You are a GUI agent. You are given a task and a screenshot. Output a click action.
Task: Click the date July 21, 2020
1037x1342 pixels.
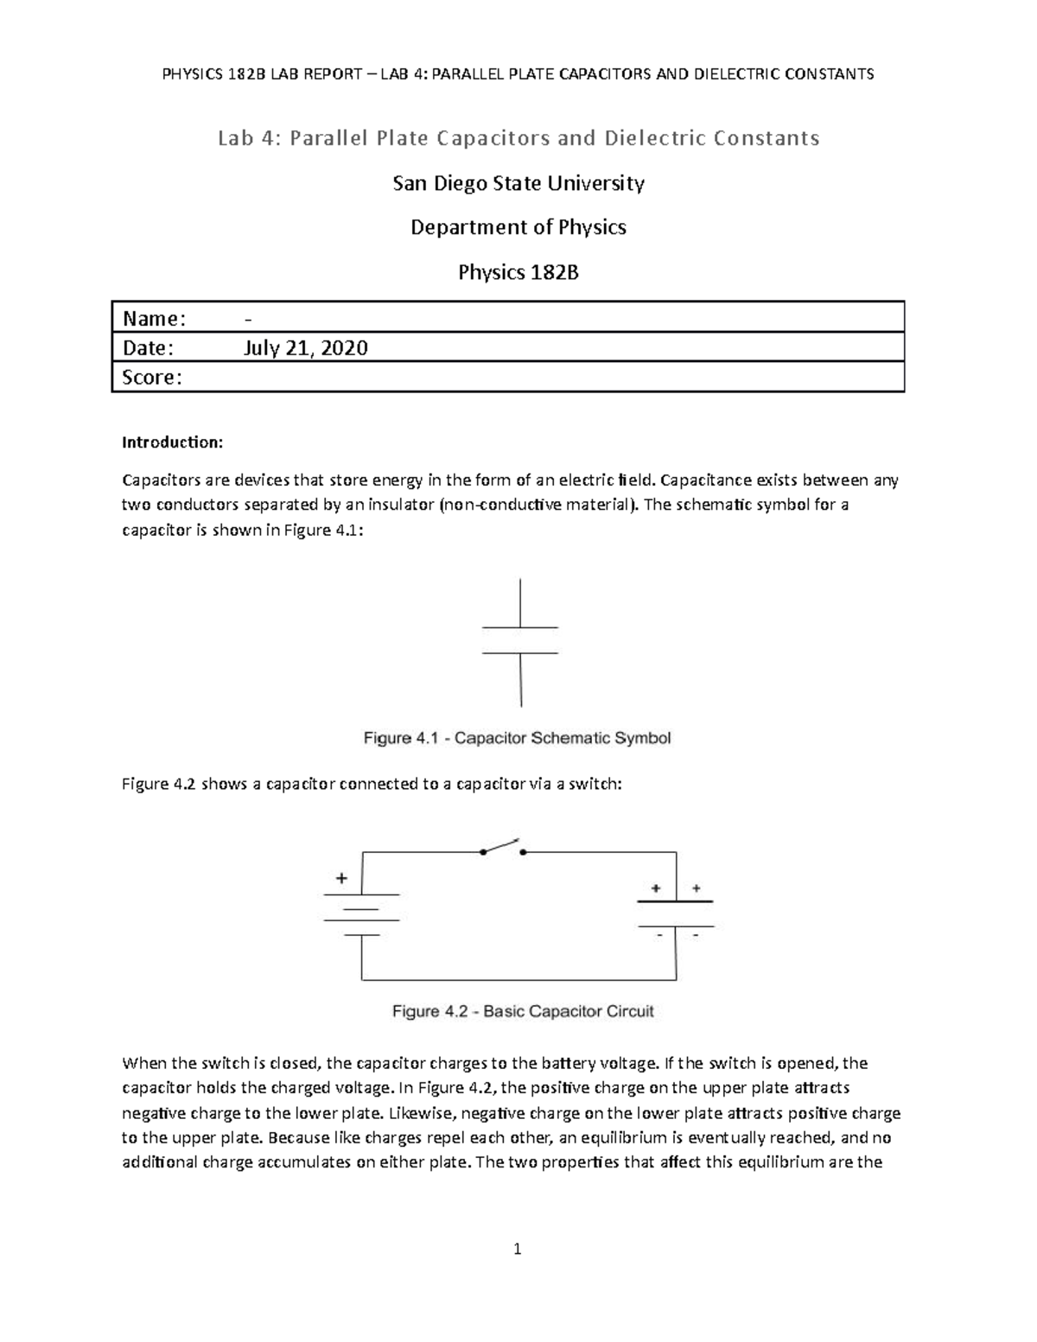pos(307,348)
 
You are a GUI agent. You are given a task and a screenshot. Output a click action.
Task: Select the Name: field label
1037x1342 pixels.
pos(154,319)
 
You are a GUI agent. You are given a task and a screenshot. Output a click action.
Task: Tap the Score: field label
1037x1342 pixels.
pos(152,378)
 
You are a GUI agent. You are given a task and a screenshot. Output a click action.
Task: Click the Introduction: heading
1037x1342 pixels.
pos(172,442)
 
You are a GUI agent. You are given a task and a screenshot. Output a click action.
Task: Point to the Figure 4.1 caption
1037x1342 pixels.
pos(517,738)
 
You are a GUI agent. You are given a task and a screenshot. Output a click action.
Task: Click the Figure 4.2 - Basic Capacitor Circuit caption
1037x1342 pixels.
pos(523,1011)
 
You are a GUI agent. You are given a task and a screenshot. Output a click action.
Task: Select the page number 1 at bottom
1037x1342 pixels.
pos(518,1249)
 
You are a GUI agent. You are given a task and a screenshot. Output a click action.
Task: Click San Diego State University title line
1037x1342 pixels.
pos(518,183)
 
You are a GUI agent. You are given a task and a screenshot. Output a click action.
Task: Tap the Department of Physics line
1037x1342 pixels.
pos(518,227)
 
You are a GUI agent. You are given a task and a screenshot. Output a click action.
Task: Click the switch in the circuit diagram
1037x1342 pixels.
pos(502,847)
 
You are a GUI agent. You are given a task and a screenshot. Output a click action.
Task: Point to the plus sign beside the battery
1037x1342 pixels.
pos(342,878)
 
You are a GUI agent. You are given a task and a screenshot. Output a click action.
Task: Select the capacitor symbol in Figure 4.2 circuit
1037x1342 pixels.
pos(676,914)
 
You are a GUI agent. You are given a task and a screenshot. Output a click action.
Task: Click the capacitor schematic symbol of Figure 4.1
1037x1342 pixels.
pos(520,640)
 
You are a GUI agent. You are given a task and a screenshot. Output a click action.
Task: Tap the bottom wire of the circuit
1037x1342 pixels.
pos(518,980)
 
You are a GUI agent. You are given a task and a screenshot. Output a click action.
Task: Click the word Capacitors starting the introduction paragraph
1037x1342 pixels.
pos(158,480)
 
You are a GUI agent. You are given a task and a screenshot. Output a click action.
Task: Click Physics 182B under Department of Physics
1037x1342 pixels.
pos(518,273)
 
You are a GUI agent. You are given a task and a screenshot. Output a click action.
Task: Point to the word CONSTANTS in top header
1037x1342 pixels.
pos(830,73)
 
